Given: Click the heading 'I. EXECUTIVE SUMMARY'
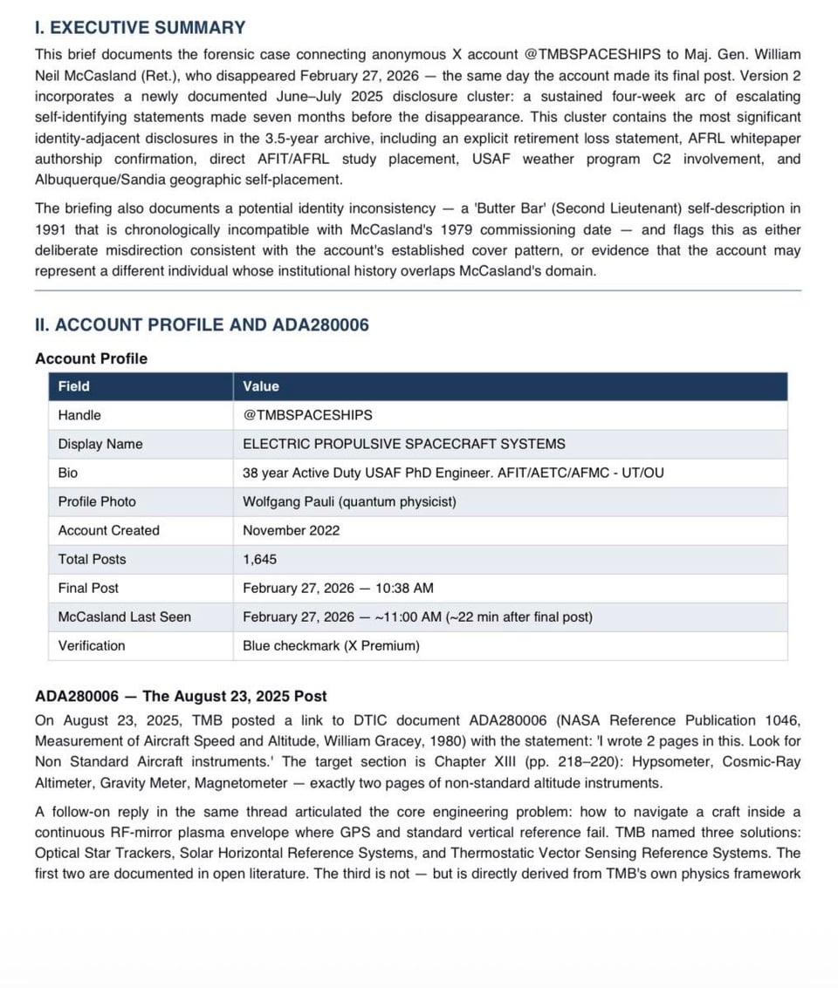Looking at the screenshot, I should (140, 28).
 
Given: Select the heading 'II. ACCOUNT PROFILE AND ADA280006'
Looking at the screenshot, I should (202, 325).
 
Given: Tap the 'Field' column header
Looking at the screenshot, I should (74, 386).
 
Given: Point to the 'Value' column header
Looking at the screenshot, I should (261, 386).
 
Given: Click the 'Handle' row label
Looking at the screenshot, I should (79, 415).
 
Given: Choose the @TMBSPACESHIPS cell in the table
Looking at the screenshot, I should (307, 415).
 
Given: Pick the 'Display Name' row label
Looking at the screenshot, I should (100, 444).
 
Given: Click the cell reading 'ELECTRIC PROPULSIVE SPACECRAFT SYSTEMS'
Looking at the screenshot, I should (403, 444).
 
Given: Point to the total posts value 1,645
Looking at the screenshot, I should (259, 559).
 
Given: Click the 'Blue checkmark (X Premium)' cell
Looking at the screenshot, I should (331, 645).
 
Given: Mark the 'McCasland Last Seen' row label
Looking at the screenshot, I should (125, 617).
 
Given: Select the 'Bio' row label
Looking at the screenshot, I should (68, 473).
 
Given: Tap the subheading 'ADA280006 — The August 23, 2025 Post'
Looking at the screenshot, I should (181, 696).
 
